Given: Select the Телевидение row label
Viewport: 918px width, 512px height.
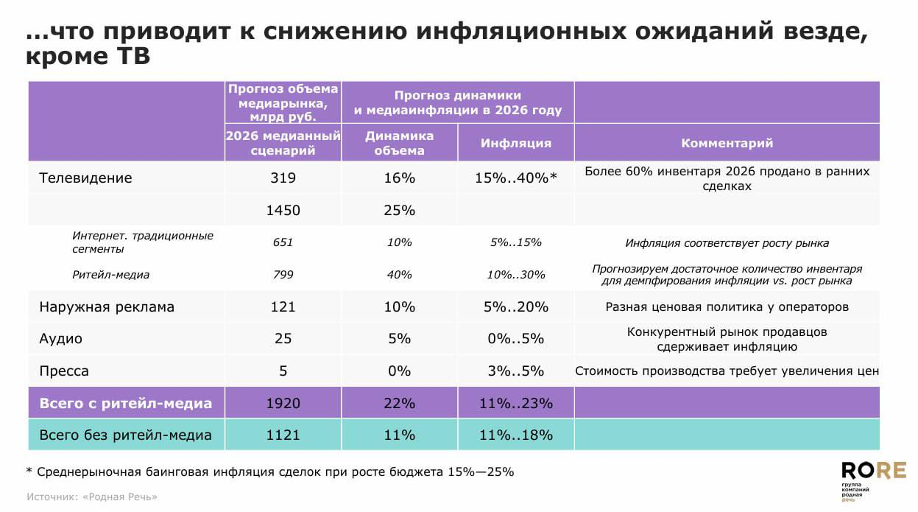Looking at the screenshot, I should [85, 178].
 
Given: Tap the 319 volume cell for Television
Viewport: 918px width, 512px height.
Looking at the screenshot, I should [283, 178].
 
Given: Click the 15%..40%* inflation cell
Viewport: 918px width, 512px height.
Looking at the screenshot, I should [515, 178].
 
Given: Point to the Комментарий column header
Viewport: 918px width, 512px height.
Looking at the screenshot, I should [727, 143].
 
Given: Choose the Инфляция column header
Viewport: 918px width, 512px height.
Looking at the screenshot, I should [515, 143].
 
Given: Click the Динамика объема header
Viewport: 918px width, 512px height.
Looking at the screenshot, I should [399, 143].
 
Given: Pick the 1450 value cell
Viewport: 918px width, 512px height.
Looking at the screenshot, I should [283, 210].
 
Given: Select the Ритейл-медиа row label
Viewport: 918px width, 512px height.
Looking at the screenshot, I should [110, 275].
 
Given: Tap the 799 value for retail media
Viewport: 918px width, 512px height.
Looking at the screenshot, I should [283, 275].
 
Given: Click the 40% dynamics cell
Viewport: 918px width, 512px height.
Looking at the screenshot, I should [399, 275].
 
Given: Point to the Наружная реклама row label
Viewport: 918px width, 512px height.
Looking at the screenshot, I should [107, 306].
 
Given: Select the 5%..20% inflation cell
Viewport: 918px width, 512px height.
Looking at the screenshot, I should [515, 306].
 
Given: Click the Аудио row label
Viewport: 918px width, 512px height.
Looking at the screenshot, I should [60, 339].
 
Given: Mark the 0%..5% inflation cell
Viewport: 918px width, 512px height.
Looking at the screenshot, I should [515, 339].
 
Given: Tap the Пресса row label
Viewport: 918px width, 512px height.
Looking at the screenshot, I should [63, 371].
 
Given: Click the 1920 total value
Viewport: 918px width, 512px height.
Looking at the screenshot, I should [283, 403].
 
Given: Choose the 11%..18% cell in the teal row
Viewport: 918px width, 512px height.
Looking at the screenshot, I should [515, 435].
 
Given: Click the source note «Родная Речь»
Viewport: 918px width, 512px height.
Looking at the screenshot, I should [92, 497].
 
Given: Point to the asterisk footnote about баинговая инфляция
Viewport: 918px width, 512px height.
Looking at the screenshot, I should [269, 471].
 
